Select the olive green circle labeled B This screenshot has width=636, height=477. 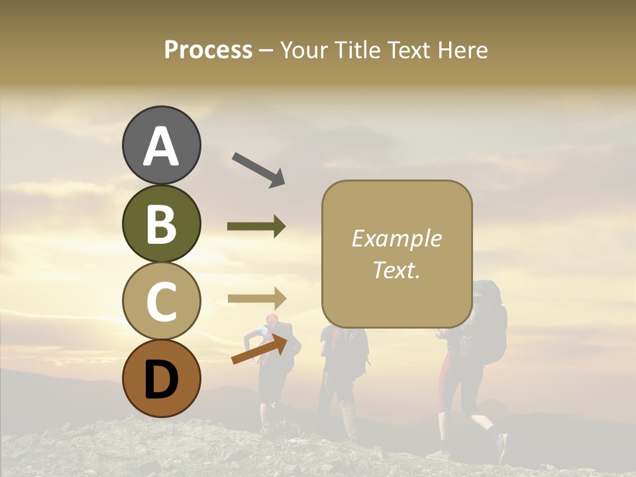[x=161, y=224]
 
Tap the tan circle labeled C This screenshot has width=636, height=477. [x=161, y=301]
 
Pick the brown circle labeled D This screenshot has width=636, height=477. [x=161, y=379]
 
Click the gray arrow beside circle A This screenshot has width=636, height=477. [x=258, y=169]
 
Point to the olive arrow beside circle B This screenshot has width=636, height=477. [x=256, y=227]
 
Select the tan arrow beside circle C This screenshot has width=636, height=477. [x=256, y=297]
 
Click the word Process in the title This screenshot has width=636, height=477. [x=208, y=50]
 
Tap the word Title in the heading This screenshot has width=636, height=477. [x=357, y=50]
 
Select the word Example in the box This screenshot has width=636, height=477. [x=396, y=238]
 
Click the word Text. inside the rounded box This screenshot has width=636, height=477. [x=396, y=270]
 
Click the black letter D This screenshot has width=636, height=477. [x=161, y=379]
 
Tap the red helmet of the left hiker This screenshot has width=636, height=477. [x=272, y=319]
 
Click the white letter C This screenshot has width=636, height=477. [x=161, y=301]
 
